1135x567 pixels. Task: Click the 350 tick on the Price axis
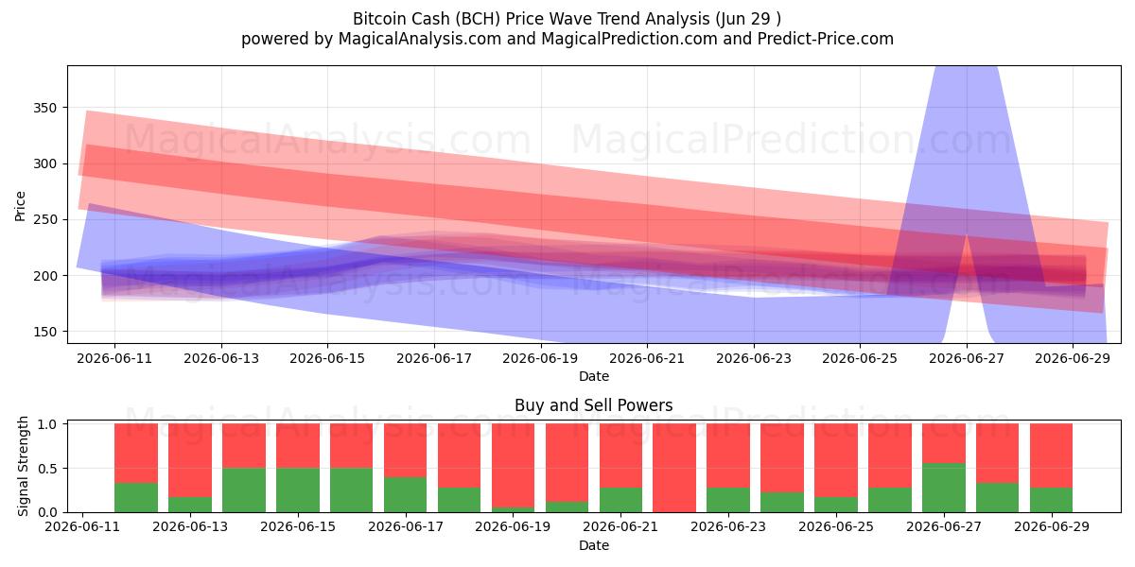(x=44, y=108)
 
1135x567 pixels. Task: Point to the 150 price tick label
(x=44, y=332)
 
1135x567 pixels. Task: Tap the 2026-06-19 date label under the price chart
(x=540, y=359)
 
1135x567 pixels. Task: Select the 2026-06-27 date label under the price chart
(x=967, y=359)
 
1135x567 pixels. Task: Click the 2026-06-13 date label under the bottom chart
(x=190, y=527)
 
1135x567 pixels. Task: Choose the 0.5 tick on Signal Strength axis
(x=47, y=469)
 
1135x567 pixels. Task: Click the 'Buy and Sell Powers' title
(x=593, y=405)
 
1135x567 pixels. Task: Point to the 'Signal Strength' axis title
(x=23, y=466)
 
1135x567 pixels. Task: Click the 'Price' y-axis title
(x=20, y=206)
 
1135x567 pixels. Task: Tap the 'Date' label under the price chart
(x=594, y=377)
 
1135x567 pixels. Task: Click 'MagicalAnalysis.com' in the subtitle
(x=420, y=39)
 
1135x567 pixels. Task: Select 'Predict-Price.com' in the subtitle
(x=826, y=39)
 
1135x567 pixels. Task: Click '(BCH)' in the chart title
(x=478, y=19)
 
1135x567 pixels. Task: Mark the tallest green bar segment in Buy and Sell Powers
(x=944, y=488)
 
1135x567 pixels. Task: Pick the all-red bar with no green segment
(x=674, y=468)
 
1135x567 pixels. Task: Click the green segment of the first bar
(x=136, y=498)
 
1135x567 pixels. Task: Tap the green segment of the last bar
(x=1052, y=500)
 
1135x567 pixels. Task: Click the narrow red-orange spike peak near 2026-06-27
(x=967, y=235)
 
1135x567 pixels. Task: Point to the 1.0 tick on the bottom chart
(x=47, y=424)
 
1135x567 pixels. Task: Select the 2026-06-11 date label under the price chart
(x=114, y=359)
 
